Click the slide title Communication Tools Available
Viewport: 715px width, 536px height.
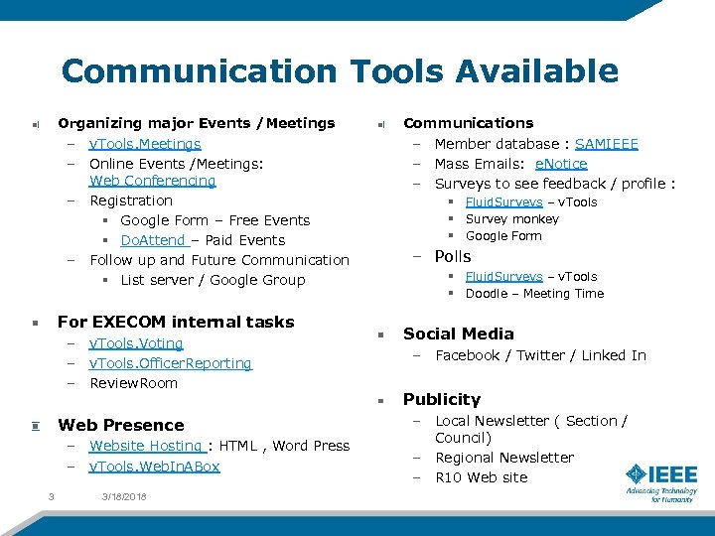click(340, 71)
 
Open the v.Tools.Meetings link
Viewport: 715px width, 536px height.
click(145, 144)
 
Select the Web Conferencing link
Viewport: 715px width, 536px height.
click(152, 181)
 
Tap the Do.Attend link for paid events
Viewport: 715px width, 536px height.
click(154, 240)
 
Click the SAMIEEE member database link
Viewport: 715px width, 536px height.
click(606, 144)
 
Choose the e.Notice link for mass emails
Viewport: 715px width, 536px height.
click(561, 164)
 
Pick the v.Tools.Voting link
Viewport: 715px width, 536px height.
click(136, 343)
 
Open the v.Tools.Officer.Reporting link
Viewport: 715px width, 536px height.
click(170, 363)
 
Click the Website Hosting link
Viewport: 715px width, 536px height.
click(147, 446)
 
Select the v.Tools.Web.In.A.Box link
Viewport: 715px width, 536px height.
click(154, 467)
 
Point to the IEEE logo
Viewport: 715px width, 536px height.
click(660, 481)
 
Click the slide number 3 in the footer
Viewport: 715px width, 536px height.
click(50, 496)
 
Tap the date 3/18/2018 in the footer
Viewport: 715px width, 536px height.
click(123, 496)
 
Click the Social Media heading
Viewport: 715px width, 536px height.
click(458, 334)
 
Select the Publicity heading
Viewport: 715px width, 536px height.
click(441, 399)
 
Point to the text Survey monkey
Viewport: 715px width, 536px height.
click(511, 219)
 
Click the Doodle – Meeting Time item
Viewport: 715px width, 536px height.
click(534, 294)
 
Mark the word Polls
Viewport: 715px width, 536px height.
click(453, 256)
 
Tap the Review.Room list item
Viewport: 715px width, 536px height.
click(133, 383)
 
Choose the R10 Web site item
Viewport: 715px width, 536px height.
click(481, 477)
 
